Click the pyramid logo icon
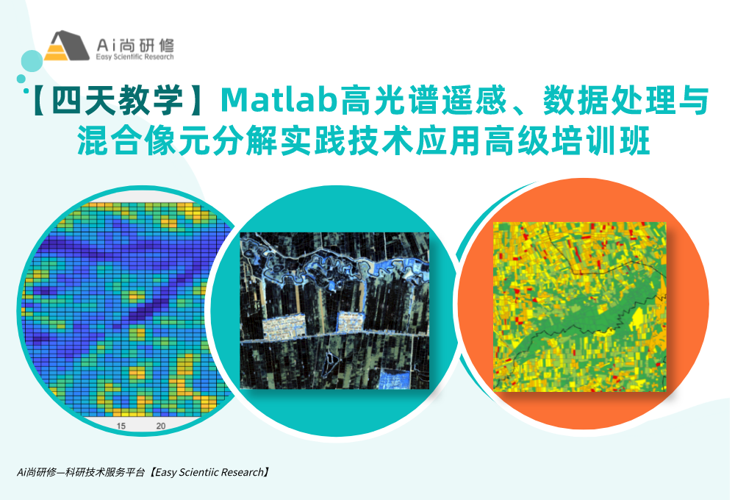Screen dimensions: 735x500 (x=67, y=46)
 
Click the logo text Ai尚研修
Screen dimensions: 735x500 (x=135, y=45)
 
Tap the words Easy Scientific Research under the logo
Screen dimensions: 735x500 (x=135, y=57)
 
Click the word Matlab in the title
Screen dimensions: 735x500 (x=279, y=101)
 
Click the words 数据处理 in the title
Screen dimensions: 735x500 (x=593, y=101)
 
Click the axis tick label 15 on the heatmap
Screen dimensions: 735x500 (x=121, y=426)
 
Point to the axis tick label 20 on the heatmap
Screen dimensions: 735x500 (x=161, y=426)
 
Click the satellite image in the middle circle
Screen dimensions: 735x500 (x=334, y=310)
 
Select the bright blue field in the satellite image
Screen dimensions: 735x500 (x=394, y=379)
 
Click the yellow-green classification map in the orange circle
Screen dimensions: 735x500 (x=580, y=307)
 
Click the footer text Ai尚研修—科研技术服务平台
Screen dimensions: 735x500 (x=81, y=472)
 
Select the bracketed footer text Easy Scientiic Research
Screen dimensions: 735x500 (x=209, y=472)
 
